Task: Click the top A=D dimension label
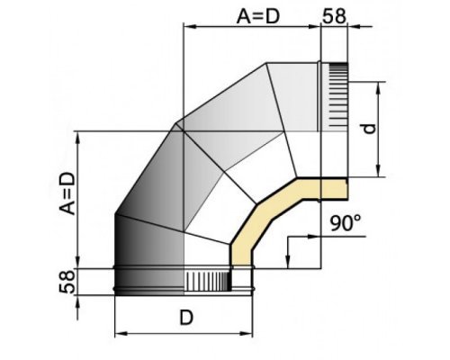(x=258, y=16)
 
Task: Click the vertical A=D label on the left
(x=67, y=193)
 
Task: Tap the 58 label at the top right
(x=334, y=16)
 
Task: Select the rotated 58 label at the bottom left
(x=67, y=282)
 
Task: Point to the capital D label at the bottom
(x=186, y=318)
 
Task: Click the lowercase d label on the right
(x=369, y=129)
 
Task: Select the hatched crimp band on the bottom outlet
(x=207, y=282)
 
